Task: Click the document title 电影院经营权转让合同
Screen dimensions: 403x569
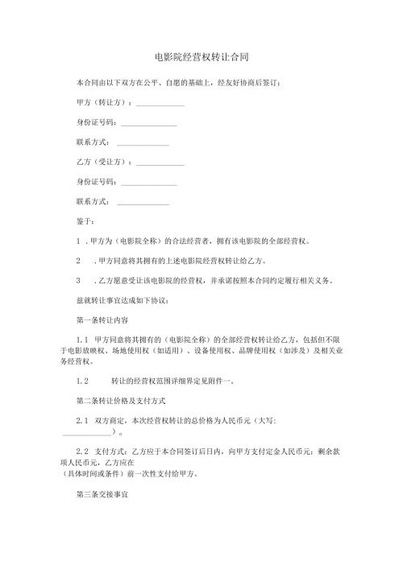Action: pyautogui.click(x=201, y=58)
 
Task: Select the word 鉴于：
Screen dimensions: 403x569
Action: pyautogui.click(x=85, y=221)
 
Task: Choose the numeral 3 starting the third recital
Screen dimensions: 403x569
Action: pyautogui.click(x=78, y=280)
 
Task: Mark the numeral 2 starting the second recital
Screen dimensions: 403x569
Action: pyautogui.click(x=78, y=261)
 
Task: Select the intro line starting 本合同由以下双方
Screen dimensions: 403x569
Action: pyautogui.click(x=177, y=83)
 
